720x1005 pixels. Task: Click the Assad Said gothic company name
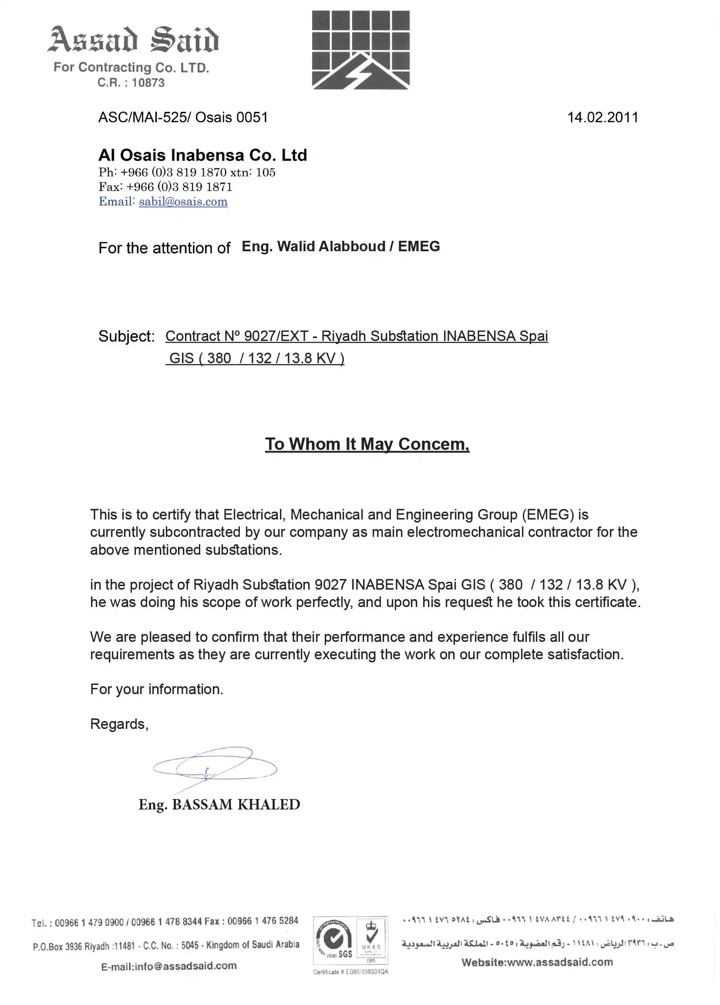(133, 40)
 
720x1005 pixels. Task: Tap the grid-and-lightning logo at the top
(361, 50)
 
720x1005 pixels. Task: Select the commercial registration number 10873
(148, 83)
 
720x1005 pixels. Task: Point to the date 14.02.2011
(602, 118)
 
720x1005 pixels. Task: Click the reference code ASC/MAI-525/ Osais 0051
(183, 118)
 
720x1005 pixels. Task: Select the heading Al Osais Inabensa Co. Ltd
(202, 155)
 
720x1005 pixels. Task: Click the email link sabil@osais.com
(183, 202)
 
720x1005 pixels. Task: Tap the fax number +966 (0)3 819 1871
(179, 187)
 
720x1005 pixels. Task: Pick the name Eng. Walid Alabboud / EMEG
(340, 246)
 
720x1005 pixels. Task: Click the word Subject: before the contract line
(126, 336)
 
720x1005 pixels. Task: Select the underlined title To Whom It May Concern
(367, 444)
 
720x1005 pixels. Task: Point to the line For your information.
(156, 689)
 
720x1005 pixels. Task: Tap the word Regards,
(119, 724)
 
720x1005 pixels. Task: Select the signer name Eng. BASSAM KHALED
(219, 804)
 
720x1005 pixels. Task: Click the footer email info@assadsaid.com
(169, 966)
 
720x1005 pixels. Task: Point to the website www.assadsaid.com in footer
(537, 962)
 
